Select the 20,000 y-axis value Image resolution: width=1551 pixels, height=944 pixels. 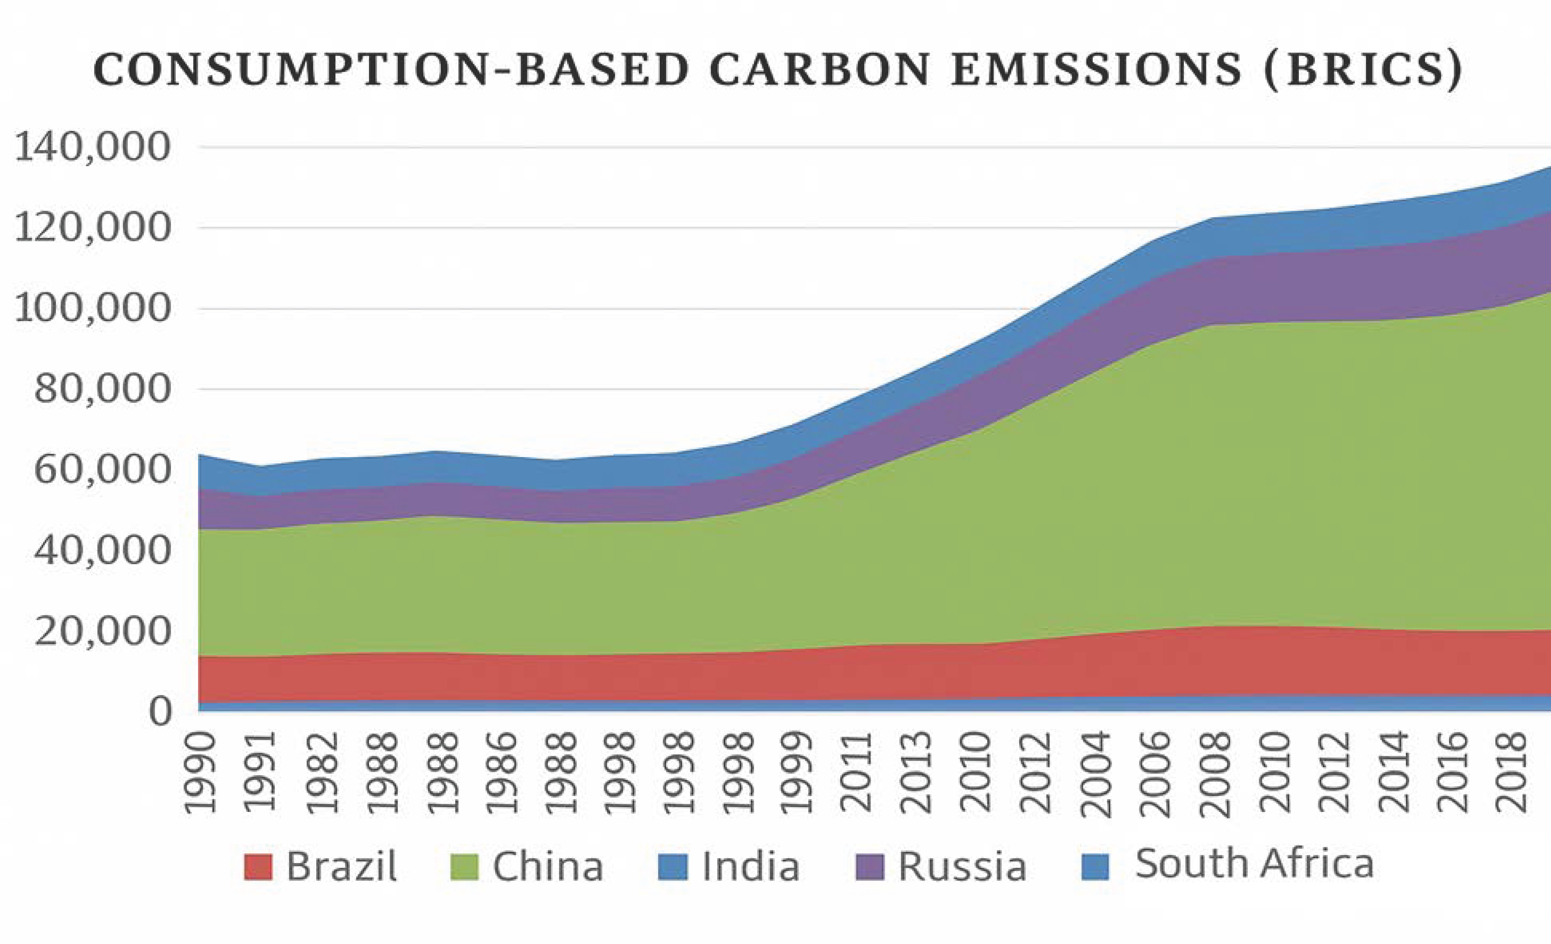click(102, 631)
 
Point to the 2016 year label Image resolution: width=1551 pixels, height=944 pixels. click(1456, 774)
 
